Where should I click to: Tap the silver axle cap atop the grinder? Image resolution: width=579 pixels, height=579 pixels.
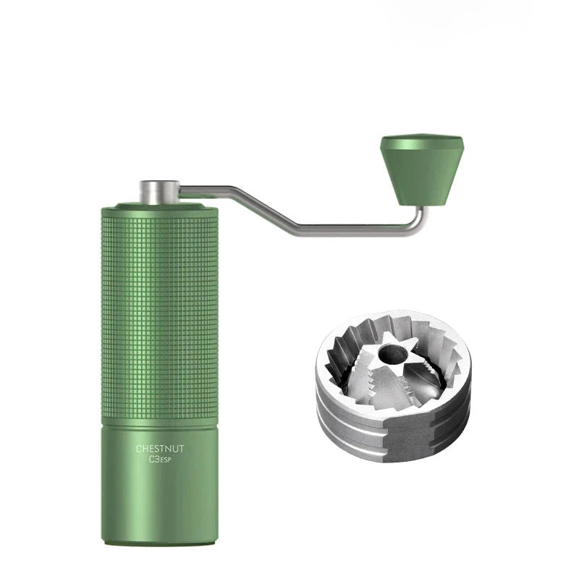(159, 192)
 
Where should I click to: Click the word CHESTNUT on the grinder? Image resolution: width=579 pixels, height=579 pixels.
(159, 449)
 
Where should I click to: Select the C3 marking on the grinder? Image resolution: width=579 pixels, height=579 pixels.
(154, 460)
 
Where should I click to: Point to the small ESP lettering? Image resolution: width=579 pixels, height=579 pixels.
(166, 460)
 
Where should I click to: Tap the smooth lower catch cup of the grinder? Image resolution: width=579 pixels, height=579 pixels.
(159, 483)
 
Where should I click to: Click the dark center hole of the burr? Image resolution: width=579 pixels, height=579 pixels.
(392, 354)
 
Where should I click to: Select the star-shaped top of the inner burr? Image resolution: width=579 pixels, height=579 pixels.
(392, 353)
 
